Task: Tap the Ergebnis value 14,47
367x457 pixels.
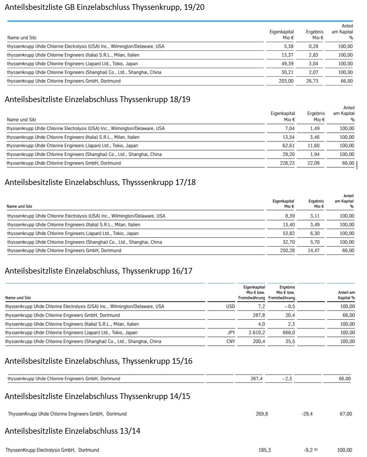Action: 316,251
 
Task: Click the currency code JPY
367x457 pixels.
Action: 231,333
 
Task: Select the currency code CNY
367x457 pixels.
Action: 231,341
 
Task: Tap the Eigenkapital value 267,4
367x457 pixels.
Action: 257,379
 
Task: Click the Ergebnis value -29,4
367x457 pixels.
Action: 307,414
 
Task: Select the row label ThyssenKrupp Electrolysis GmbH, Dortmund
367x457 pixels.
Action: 52,450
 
